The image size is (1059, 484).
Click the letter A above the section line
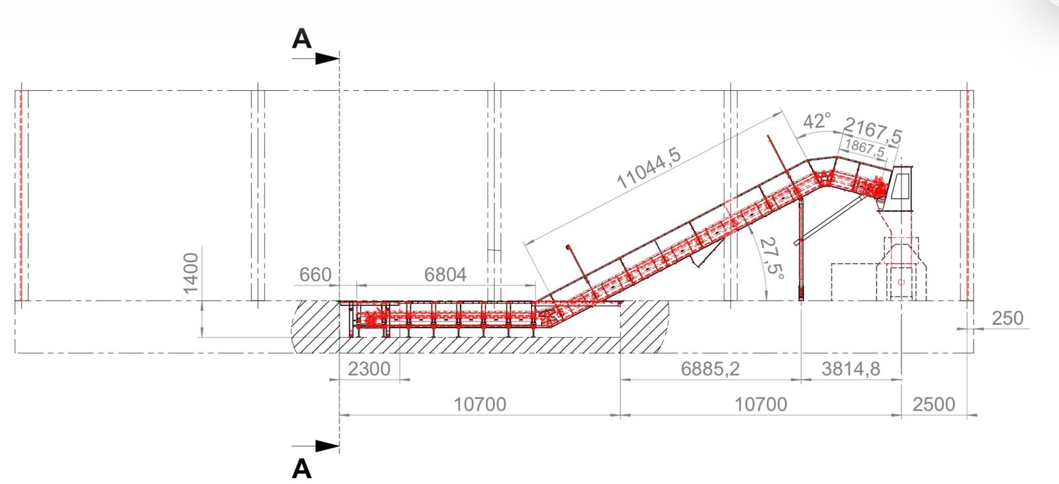tap(302, 39)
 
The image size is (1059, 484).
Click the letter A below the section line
tap(302, 469)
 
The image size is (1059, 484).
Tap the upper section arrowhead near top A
tap(327, 59)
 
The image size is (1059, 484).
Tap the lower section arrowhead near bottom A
tap(327, 446)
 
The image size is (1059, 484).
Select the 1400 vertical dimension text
tap(191, 273)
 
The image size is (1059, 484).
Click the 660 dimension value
tap(315, 274)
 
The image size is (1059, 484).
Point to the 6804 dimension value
tap(445, 274)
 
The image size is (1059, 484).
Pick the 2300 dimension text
tap(369, 369)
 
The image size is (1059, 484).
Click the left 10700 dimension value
tap(480, 405)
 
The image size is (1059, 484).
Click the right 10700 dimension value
tap(760, 405)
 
